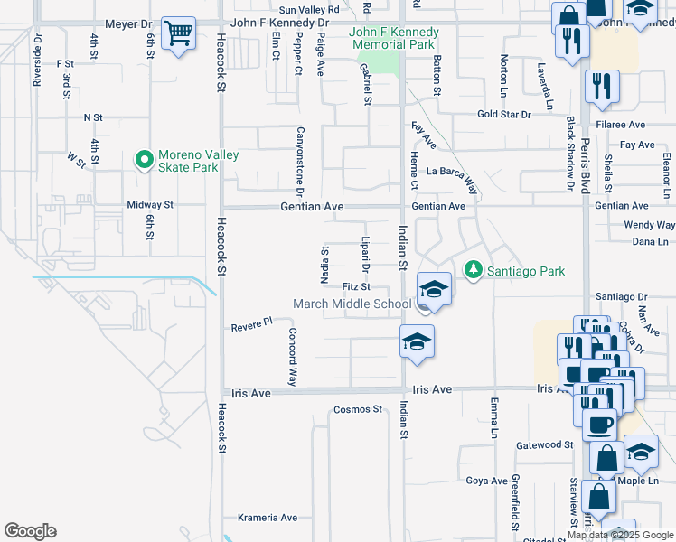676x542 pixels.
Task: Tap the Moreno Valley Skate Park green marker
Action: pos(142,161)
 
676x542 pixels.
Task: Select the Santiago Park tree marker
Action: pos(472,270)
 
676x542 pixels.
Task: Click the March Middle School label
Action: pos(352,304)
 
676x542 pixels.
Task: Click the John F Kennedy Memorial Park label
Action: pos(394,38)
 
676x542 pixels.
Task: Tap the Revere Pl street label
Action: pos(251,323)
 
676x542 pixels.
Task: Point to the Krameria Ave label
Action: pos(267,518)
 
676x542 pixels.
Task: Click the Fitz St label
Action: pos(357,286)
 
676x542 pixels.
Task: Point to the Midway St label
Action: pos(149,205)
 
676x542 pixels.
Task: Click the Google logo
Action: pos(30,531)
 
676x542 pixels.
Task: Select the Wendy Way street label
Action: pos(649,224)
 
